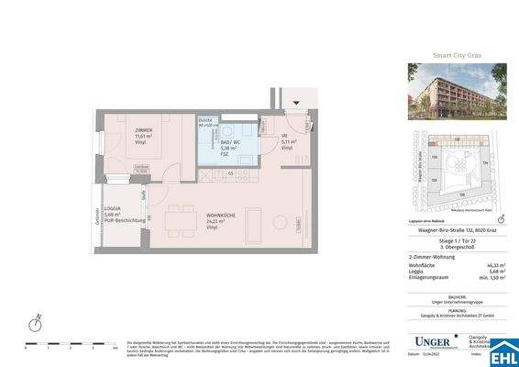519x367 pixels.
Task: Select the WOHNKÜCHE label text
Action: [x=220, y=214]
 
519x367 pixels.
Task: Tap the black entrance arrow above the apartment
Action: [x=294, y=101]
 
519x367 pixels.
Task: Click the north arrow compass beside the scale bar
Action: [x=35, y=324]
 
